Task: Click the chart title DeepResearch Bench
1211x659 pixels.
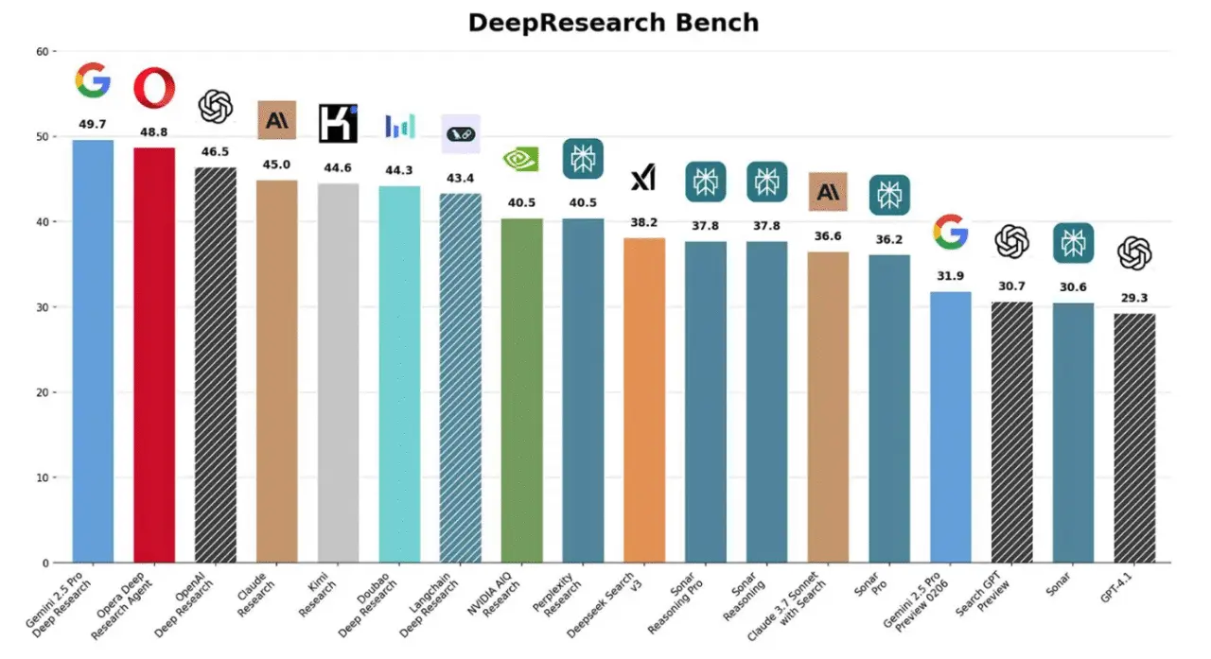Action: pyautogui.click(x=613, y=23)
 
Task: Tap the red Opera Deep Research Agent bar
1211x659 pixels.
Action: pyautogui.click(x=154, y=356)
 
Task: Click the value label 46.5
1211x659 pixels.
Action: pyautogui.click(x=215, y=151)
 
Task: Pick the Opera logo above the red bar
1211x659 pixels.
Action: pyautogui.click(x=154, y=88)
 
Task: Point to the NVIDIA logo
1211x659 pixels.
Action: pyautogui.click(x=521, y=159)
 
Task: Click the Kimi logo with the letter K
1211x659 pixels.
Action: pyautogui.click(x=338, y=123)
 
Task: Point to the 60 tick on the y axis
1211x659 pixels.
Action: pyautogui.click(x=42, y=51)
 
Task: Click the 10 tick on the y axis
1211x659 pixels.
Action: pyautogui.click(x=42, y=477)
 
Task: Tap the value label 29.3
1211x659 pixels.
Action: pyautogui.click(x=1134, y=298)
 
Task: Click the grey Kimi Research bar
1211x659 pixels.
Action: pyautogui.click(x=338, y=373)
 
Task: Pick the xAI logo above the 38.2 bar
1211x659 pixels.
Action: pyautogui.click(x=644, y=178)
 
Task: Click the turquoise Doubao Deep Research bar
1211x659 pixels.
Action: pyautogui.click(x=399, y=374)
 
